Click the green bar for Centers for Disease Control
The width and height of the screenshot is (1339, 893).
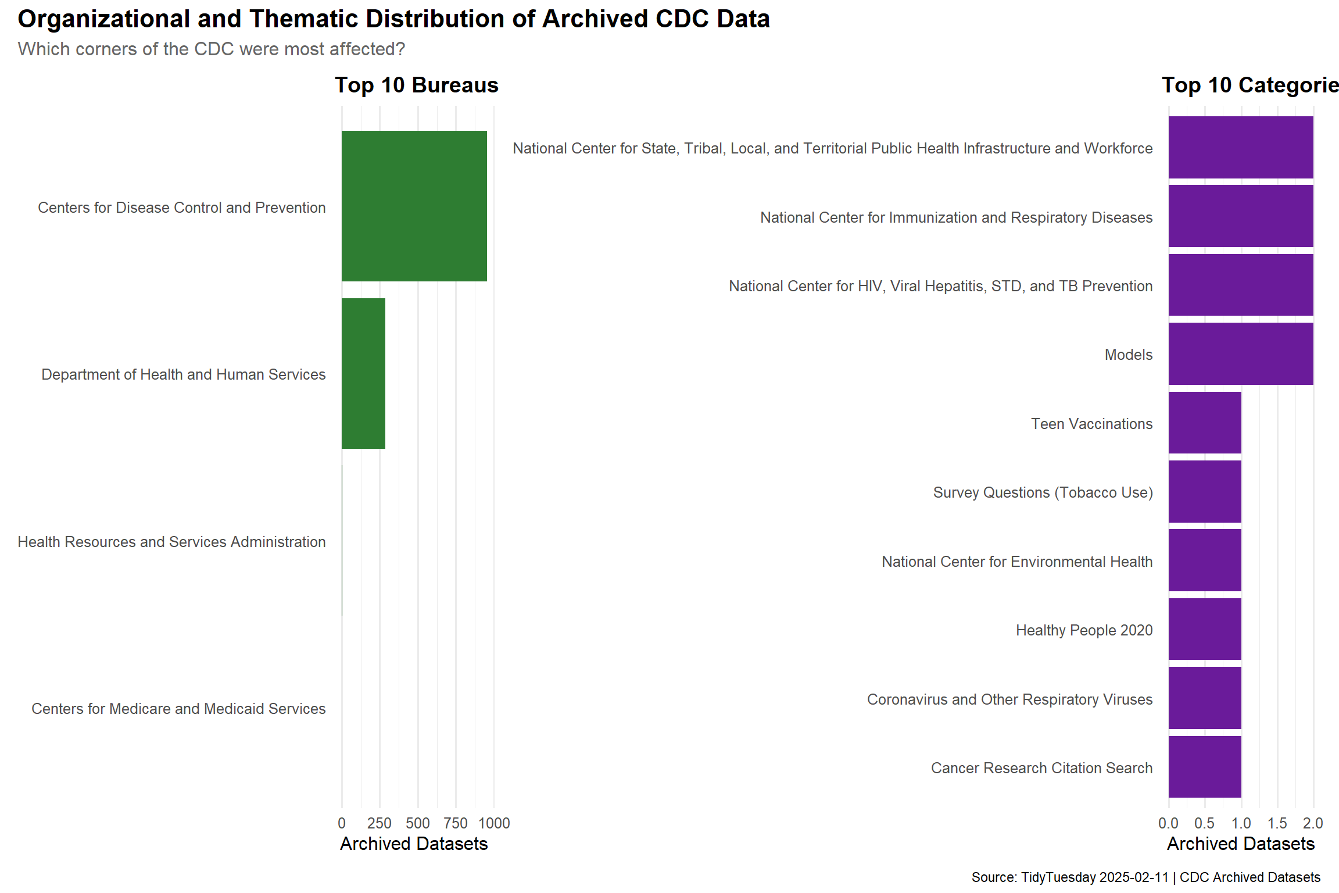tap(414, 206)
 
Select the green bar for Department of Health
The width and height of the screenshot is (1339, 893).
tap(363, 373)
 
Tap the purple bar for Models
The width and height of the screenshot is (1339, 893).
tap(1240, 354)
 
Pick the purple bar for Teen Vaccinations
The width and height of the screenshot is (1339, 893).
tap(1204, 423)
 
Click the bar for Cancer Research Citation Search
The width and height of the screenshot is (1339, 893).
tap(1204, 767)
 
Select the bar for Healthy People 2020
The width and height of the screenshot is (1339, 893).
tap(1204, 629)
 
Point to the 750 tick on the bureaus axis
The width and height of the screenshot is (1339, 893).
tap(456, 823)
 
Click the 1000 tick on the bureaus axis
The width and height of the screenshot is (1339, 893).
tap(494, 823)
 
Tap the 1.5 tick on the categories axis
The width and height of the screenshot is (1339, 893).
tap(1277, 823)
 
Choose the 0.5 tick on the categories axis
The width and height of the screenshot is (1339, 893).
tap(1204, 823)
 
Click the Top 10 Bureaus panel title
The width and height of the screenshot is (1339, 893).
tap(416, 85)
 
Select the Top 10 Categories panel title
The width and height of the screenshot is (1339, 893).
tap(1250, 85)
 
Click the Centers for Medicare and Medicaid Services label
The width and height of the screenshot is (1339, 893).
tap(178, 709)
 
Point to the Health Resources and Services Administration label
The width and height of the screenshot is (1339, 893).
tap(171, 542)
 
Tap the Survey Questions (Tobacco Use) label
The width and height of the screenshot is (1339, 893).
tap(1043, 492)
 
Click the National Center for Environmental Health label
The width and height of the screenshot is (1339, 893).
tap(1016, 562)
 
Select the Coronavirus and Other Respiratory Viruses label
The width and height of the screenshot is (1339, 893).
tap(1009, 699)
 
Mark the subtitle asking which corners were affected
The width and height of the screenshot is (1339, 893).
tap(211, 49)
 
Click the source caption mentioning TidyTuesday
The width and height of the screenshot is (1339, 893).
tap(1145, 877)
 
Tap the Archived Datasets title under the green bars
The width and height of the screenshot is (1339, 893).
tap(414, 844)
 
